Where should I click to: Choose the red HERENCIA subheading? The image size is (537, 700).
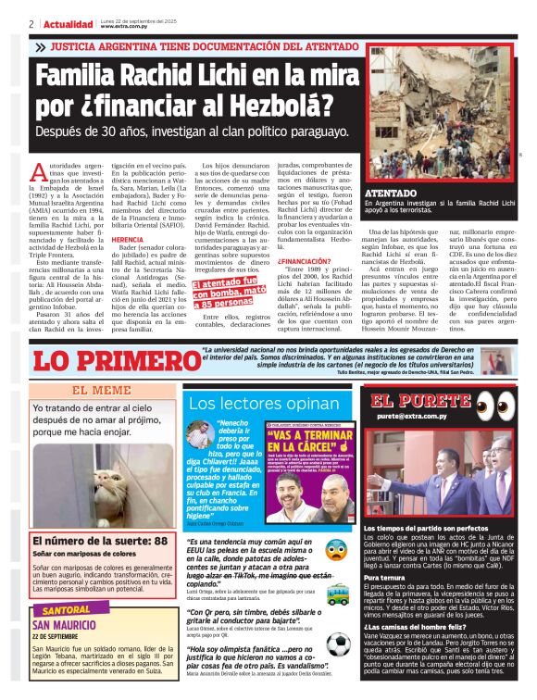point(127,239)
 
